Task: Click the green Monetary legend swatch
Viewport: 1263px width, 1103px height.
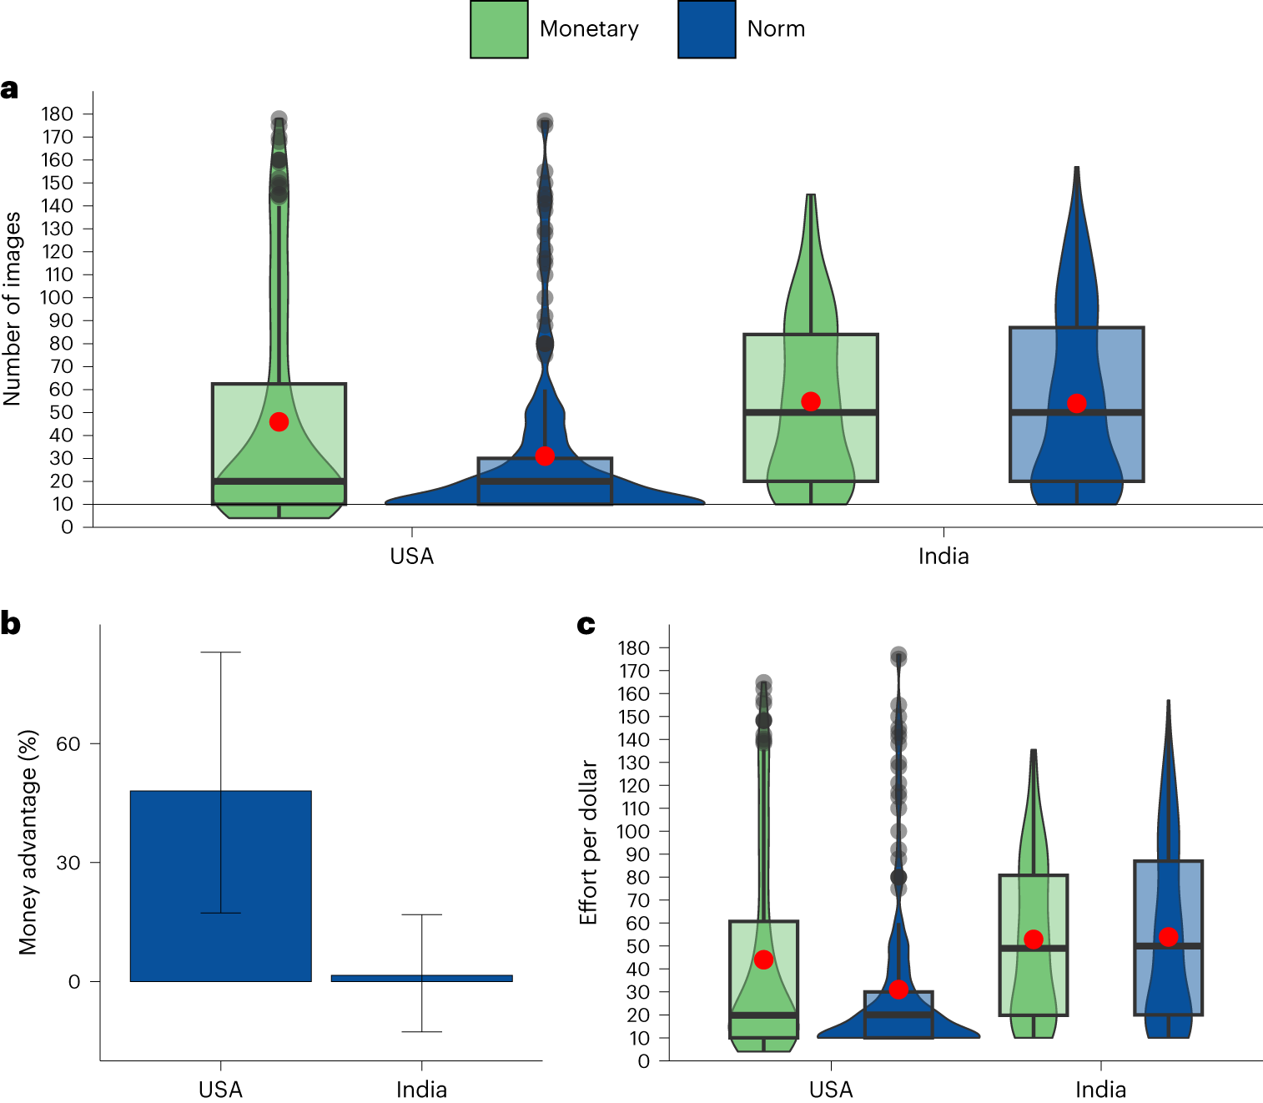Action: [x=499, y=29]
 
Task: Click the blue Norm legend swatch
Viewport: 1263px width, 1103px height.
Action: [x=707, y=29]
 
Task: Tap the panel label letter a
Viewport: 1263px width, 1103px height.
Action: [x=9, y=88]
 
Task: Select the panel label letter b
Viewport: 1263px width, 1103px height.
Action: [x=10, y=623]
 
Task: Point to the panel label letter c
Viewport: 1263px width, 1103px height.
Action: [x=586, y=624]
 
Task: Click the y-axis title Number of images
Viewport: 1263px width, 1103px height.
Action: [x=12, y=309]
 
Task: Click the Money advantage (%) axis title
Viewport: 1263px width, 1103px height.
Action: [x=28, y=842]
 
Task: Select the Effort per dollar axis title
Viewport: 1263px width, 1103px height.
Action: [x=589, y=842]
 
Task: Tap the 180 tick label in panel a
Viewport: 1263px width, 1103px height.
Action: [x=57, y=114]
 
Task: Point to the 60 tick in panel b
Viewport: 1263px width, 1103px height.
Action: [x=68, y=744]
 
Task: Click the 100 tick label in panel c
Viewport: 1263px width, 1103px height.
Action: [x=632, y=832]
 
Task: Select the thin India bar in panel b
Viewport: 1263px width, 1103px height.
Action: [x=421, y=978]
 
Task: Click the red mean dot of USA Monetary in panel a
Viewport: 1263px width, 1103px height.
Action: [x=279, y=422]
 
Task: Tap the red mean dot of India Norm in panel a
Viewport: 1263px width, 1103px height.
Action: [x=1076, y=404]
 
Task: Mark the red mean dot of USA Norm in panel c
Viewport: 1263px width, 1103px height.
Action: [x=898, y=990]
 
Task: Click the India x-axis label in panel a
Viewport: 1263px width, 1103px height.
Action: [x=943, y=557]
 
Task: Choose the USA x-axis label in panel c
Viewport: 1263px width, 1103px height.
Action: [x=831, y=1090]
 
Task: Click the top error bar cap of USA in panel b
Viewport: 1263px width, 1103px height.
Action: [x=221, y=652]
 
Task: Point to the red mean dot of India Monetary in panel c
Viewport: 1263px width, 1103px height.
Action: [x=1034, y=939]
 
